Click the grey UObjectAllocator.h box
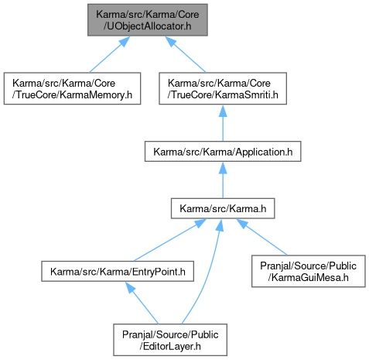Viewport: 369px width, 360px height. coord(148,20)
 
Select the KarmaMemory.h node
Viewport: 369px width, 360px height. coord(72,88)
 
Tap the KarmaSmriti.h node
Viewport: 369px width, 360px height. coord(223,88)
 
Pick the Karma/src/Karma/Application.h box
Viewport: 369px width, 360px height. coord(223,152)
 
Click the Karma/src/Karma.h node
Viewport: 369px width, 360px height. coord(223,208)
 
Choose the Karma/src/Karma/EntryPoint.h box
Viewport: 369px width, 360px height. coord(118,271)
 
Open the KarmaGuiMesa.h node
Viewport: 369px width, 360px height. coord(309,271)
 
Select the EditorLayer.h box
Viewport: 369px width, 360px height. coord(170,340)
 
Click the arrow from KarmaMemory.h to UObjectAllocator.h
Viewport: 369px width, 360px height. coord(109,54)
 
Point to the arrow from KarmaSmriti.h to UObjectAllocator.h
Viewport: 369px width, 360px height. coord(186,54)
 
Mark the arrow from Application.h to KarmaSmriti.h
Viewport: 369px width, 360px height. coord(223,123)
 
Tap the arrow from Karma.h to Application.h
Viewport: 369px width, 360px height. coord(223,180)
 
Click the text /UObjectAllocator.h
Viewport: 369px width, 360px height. coord(148,26)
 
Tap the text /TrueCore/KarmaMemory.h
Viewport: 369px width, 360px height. coord(72,94)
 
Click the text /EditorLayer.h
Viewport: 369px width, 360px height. coord(170,346)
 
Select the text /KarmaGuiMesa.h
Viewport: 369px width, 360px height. coord(309,277)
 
